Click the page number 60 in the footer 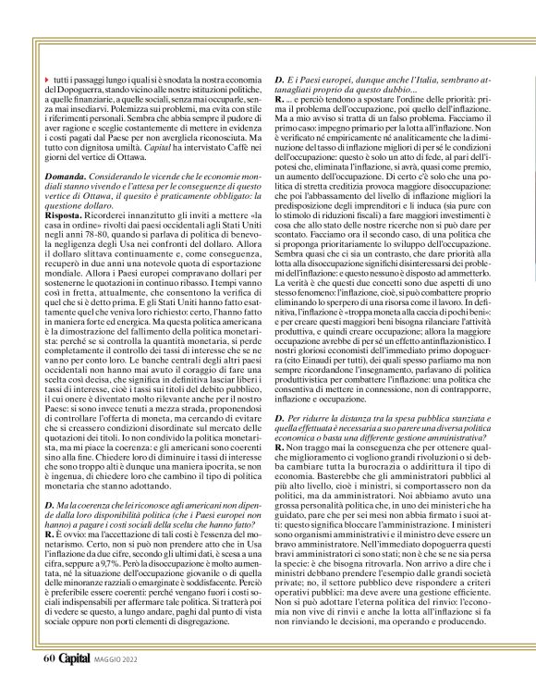coord(49,658)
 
